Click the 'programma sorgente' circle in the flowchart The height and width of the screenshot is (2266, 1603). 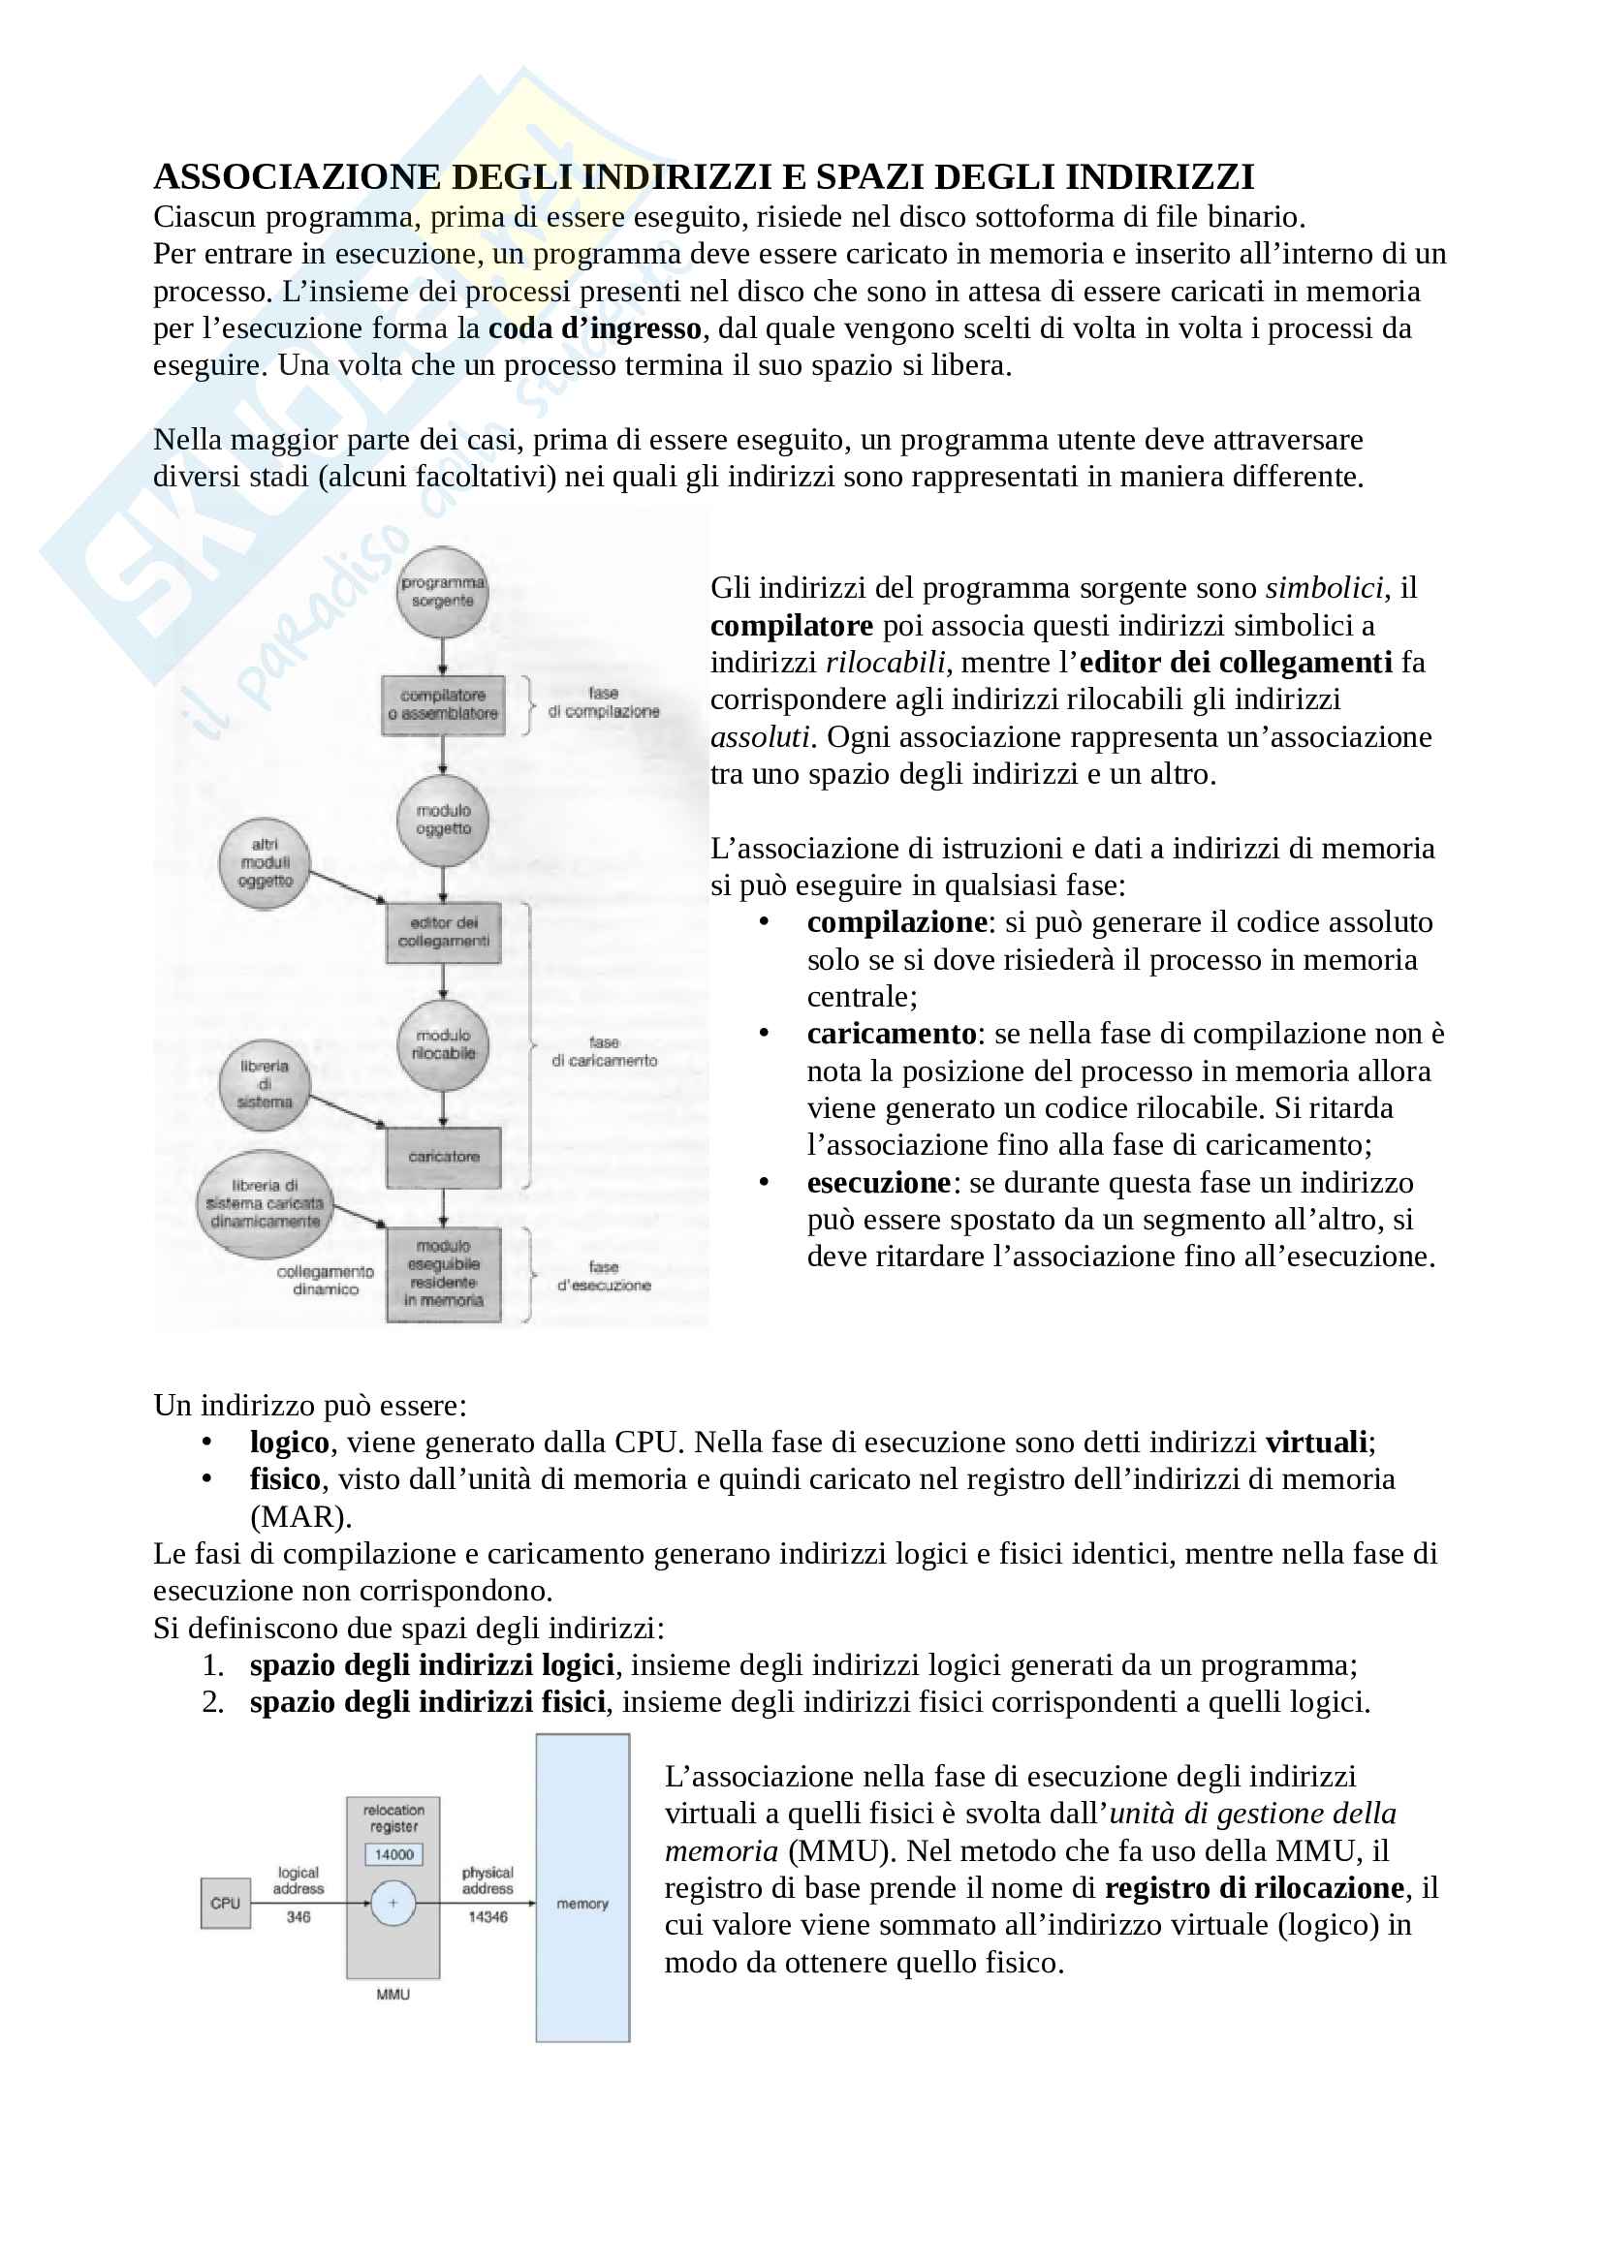pyautogui.click(x=442, y=592)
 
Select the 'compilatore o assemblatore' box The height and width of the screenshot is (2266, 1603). pyautogui.click(x=443, y=704)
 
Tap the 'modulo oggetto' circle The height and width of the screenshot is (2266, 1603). pyautogui.click(x=443, y=821)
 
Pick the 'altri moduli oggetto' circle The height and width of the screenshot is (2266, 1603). pyautogui.click(x=265, y=862)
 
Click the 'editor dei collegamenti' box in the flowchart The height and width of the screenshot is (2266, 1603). pyautogui.click(x=443, y=932)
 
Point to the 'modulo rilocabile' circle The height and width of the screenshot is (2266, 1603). pyautogui.click(x=443, y=1045)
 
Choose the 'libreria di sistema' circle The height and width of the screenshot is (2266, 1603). pyautogui.click(x=265, y=1084)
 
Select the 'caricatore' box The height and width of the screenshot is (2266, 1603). pyautogui.click(x=443, y=1157)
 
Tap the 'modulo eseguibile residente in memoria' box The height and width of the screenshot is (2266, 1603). pyautogui.click(x=443, y=1273)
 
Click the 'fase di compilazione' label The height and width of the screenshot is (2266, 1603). pyautogui.click(x=603, y=702)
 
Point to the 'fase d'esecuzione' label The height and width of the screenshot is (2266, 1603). pyautogui.click(x=603, y=1276)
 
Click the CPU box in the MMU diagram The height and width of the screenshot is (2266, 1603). pyautogui.click(x=225, y=1903)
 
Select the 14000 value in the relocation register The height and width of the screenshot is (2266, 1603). pyautogui.click(x=393, y=1854)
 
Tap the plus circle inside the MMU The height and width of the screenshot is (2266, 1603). pyautogui.click(x=393, y=1903)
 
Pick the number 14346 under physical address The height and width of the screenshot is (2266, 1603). pyautogui.click(x=487, y=1916)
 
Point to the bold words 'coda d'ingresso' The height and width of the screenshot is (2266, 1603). pyautogui.click(x=594, y=328)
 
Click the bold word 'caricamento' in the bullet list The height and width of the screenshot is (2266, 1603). pyautogui.click(x=892, y=1034)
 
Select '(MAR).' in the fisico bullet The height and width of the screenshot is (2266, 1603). pyautogui.click(x=300, y=1516)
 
